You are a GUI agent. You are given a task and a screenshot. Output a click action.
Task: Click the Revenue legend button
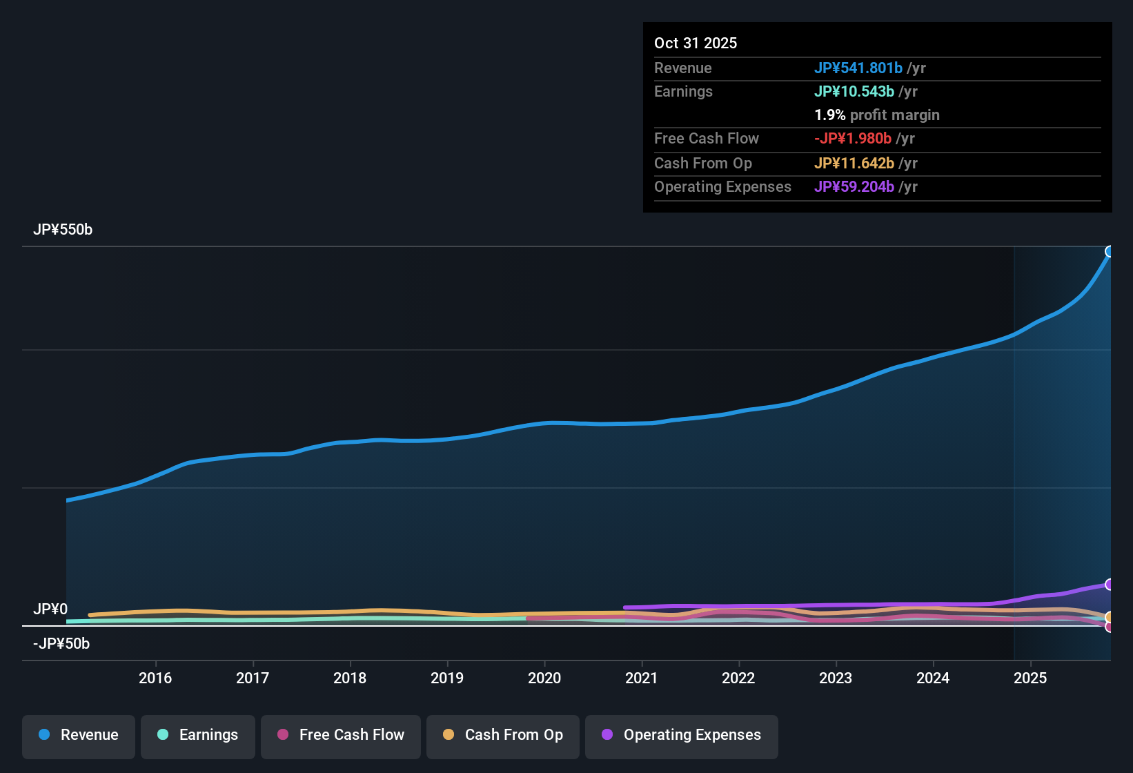point(79,735)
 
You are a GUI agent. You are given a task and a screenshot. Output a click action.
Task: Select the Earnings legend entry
point(198,735)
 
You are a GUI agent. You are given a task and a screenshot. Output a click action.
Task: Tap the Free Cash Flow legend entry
point(341,735)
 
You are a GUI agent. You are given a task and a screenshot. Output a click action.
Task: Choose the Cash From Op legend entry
point(503,735)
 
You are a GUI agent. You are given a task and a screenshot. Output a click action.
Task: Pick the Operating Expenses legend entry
point(682,735)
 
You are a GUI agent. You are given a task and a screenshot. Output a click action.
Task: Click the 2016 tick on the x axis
point(155,678)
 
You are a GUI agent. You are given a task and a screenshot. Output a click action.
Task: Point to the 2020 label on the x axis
point(544,678)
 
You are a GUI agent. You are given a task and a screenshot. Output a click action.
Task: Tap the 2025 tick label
point(1030,678)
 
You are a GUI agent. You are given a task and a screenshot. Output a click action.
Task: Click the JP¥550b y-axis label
point(63,230)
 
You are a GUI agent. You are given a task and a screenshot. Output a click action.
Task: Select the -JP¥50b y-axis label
point(61,644)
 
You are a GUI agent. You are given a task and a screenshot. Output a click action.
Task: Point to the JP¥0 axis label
point(50,609)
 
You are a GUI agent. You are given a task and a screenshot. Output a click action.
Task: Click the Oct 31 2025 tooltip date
point(696,43)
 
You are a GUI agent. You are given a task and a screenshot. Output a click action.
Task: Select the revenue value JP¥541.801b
point(858,68)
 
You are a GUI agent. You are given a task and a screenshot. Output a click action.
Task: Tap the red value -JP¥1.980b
point(853,138)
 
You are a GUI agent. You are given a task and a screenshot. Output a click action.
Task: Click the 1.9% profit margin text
point(877,115)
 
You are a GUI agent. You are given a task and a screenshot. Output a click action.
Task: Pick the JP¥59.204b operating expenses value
point(854,186)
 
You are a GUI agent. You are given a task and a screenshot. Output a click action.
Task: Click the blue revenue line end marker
point(1110,251)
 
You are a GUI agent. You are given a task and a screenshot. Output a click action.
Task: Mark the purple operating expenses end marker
point(1110,585)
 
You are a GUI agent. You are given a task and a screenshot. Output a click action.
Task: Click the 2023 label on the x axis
point(836,678)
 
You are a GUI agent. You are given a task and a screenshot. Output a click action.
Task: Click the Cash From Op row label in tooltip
point(703,163)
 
